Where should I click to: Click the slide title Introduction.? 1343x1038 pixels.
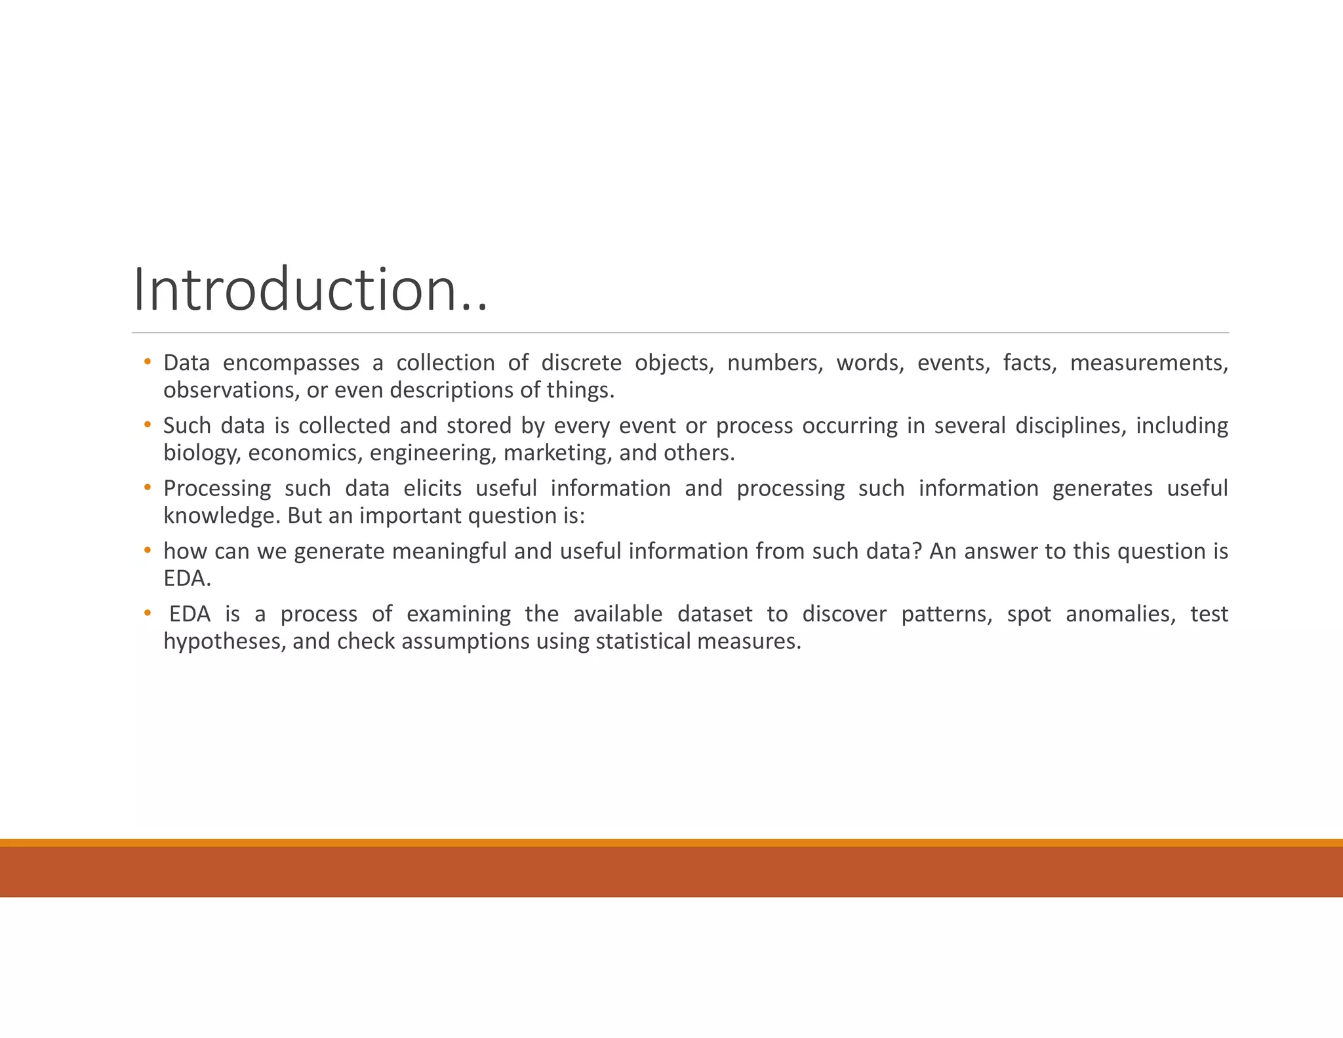[x=310, y=290]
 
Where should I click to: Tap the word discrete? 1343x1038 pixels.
[x=581, y=363]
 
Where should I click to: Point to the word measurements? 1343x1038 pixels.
[x=1148, y=363]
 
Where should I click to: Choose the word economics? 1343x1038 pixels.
[x=304, y=453]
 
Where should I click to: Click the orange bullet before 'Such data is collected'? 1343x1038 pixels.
[x=148, y=425]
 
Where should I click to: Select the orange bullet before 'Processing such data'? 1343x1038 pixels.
[x=148, y=488]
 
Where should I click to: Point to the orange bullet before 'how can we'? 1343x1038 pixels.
[x=148, y=550]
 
